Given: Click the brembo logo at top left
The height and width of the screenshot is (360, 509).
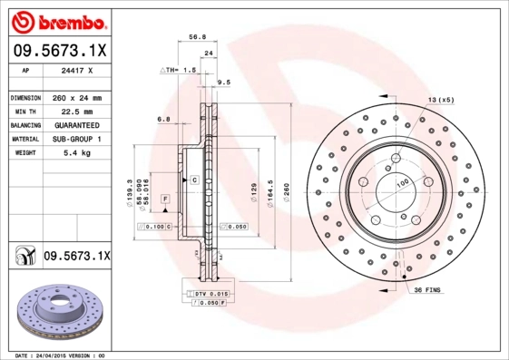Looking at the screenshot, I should [x=58, y=19].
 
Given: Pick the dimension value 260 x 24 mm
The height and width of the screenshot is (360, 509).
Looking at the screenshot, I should [x=78, y=97].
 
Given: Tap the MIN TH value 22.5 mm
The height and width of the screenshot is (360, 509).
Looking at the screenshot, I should [x=78, y=111].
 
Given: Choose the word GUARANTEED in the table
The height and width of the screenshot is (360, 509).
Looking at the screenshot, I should [x=78, y=124].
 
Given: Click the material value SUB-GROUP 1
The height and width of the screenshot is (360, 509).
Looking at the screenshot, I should [x=78, y=139].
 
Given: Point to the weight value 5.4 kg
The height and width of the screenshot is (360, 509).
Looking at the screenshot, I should [x=78, y=153].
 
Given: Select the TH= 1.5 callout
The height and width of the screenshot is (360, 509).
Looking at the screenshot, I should [x=180, y=70].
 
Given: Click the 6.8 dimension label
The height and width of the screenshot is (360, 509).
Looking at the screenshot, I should [x=164, y=119].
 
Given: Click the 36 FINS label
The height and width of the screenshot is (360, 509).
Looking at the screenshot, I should [x=427, y=289].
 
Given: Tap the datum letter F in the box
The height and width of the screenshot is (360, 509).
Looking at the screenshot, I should [x=165, y=198].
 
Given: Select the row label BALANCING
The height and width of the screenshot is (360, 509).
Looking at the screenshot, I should [x=24, y=124].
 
